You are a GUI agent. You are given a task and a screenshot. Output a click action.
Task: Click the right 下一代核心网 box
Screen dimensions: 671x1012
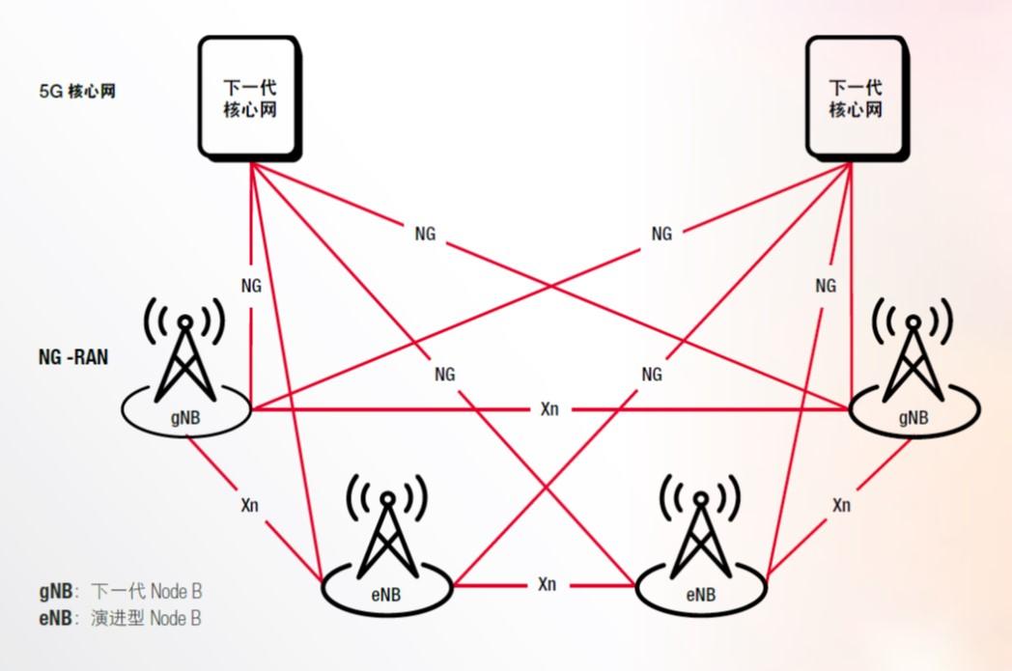(856, 98)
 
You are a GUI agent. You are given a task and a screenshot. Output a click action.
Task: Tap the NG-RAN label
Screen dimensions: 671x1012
(73, 356)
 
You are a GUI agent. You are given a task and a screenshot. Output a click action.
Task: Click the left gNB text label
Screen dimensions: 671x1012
(186, 417)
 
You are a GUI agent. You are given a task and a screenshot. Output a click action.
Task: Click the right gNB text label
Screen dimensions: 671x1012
(913, 417)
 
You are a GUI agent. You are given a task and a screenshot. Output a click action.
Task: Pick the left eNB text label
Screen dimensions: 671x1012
(385, 594)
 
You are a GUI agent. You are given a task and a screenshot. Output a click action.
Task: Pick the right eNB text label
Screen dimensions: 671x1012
(700, 594)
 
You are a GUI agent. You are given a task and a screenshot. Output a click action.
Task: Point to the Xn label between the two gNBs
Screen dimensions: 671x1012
(548, 410)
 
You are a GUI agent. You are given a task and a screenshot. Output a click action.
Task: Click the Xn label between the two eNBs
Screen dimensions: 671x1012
(547, 584)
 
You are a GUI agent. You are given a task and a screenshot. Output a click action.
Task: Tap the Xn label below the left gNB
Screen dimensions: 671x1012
(249, 504)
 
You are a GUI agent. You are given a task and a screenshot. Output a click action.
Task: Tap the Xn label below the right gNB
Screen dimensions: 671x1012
(841, 504)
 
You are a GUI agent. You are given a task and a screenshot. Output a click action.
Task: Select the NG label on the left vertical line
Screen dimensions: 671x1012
(251, 285)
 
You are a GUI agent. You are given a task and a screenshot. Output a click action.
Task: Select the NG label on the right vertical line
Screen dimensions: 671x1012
(826, 285)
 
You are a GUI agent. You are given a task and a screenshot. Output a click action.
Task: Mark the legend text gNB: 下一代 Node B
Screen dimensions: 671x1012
(121, 591)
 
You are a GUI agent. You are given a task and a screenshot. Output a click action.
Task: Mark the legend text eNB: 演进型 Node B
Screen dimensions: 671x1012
(121, 618)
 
